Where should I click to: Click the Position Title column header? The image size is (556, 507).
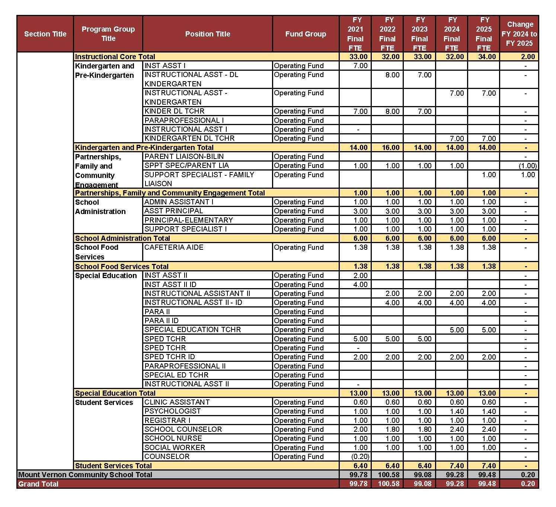[x=207, y=34]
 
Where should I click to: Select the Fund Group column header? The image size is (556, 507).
[x=305, y=34]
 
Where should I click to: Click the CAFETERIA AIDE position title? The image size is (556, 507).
[x=174, y=248]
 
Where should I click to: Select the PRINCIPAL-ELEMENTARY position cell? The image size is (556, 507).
[x=188, y=220]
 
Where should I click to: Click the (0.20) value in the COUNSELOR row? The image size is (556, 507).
[x=360, y=456]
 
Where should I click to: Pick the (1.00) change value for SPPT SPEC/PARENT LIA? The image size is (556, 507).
[x=528, y=166]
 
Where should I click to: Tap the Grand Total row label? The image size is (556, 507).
[x=38, y=484]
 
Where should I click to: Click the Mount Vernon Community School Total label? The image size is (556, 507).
[x=85, y=475]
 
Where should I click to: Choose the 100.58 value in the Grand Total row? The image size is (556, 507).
[x=389, y=484]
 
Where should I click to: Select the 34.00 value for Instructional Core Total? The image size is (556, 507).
[x=487, y=57]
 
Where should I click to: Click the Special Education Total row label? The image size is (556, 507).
[x=115, y=393]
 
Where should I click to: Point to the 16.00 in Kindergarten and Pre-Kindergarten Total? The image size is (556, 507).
[x=390, y=147]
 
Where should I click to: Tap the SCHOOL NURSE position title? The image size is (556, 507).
[x=173, y=438]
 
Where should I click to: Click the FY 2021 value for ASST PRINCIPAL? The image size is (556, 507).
[x=360, y=211]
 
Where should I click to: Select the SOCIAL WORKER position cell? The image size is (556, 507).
[x=175, y=447]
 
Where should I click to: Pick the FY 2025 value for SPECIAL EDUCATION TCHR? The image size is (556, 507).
[x=489, y=330]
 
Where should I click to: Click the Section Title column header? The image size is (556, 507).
[x=45, y=34]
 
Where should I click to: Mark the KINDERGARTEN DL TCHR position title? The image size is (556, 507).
[x=189, y=138]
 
